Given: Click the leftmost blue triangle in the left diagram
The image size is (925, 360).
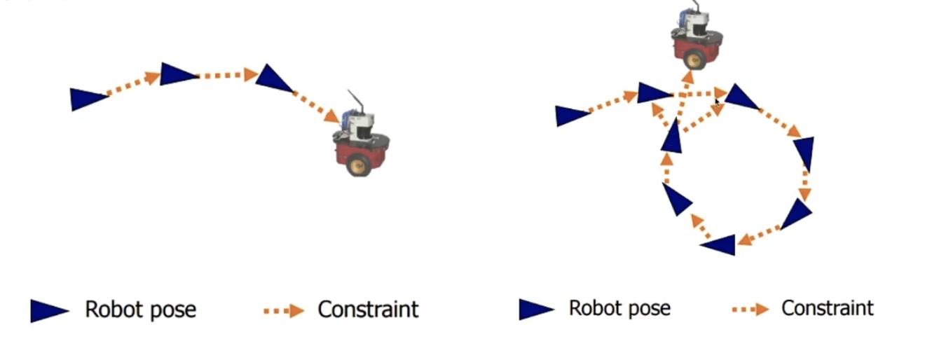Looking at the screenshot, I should (88, 99).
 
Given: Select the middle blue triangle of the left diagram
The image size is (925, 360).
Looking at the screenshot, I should (177, 74).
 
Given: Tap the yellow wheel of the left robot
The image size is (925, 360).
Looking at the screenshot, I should (359, 165).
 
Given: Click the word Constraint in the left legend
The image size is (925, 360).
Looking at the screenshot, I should (368, 309).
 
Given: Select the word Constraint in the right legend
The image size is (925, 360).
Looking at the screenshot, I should (828, 308).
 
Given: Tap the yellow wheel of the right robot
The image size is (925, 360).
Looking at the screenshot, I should (693, 60).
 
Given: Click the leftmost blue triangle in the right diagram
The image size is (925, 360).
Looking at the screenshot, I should (572, 115).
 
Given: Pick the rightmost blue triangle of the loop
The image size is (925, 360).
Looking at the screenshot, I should (804, 152).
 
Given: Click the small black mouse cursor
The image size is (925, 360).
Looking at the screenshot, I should (717, 102).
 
